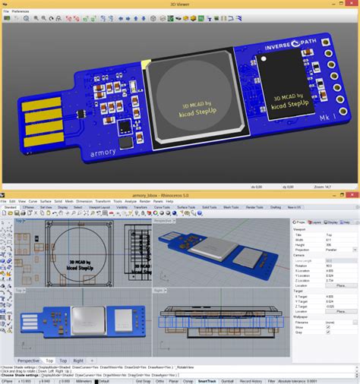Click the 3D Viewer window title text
tap(179, 4)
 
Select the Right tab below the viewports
tap(79, 360)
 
